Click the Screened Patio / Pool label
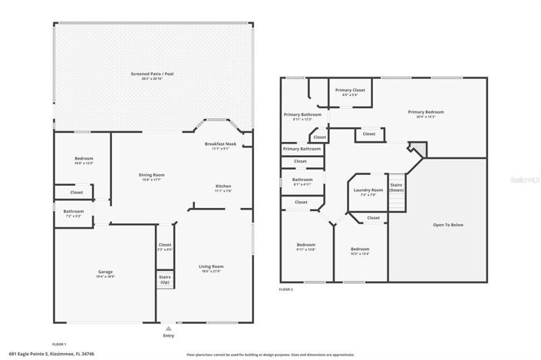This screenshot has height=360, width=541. coord(151,75)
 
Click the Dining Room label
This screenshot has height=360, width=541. coord(151,176)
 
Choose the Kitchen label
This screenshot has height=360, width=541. coord(223,187)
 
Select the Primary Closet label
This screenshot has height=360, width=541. coord(350,91)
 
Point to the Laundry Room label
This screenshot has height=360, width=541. coord(367,191)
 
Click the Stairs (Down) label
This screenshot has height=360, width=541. coord(397,187)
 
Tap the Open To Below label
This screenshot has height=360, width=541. coord(448,225)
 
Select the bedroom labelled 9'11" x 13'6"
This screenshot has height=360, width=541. coord(306,246)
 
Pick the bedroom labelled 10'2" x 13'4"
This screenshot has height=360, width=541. coord(360,250)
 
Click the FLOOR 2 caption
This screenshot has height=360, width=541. coord(285,289)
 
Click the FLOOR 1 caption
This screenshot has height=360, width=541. coord(59,343)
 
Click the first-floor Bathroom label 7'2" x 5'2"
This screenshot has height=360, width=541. coord(74,213)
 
